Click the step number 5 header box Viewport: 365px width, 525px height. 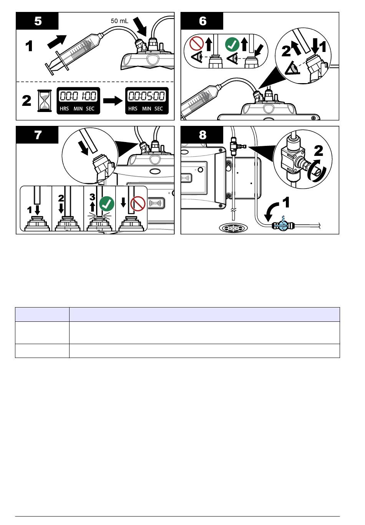[x=37, y=21]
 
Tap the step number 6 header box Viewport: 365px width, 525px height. [x=202, y=21]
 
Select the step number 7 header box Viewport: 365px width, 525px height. [x=37, y=135]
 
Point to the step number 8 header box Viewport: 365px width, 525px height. [x=202, y=135]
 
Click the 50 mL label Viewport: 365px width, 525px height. [x=119, y=21]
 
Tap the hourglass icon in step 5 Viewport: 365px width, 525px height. [x=45, y=101]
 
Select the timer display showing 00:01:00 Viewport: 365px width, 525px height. [x=78, y=101]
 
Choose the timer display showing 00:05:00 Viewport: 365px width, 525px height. [x=147, y=101]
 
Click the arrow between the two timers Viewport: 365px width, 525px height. [x=113, y=101]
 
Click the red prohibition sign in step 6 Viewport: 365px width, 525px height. [x=196, y=43]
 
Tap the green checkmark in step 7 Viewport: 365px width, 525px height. [x=107, y=204]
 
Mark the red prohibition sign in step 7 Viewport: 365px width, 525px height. [x=138, y=204]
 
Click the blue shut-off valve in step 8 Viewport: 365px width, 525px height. [x=283, y=226]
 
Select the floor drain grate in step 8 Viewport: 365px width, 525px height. [x=233, y=227]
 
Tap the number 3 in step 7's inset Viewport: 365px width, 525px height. [x=93, y=196]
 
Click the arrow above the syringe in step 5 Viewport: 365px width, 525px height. [x=57, y=42]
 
